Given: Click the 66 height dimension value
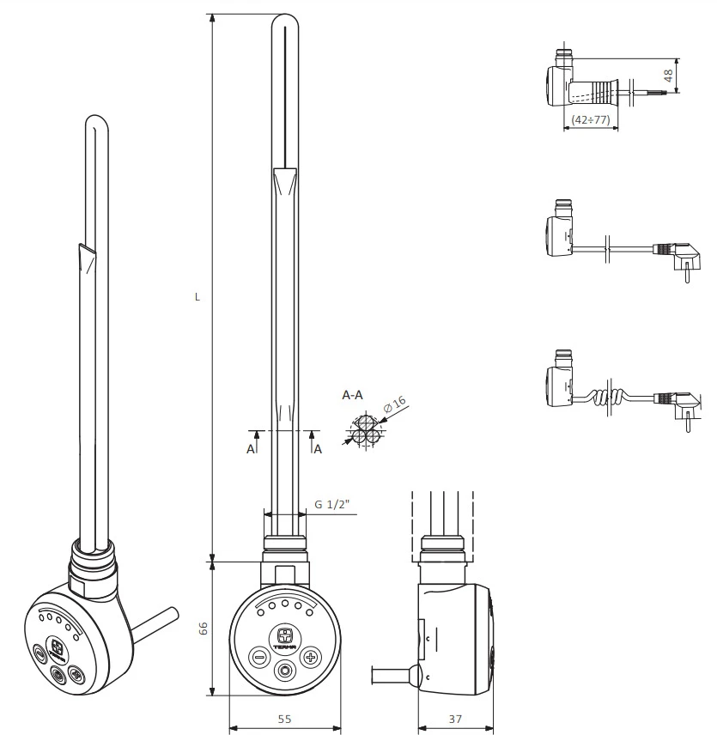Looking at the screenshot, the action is pos(203,629).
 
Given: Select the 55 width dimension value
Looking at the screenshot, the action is pos(284,719).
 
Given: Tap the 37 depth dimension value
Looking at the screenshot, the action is pos(455,719).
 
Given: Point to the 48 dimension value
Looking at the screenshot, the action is pos(668,76).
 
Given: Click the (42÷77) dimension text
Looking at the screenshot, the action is pos(591,119).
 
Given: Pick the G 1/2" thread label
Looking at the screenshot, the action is pos(331,504).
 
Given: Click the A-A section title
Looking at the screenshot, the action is pos(352,395).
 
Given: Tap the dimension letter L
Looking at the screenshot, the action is pos(197,297).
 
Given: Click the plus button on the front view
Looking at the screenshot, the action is pos(310,657).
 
